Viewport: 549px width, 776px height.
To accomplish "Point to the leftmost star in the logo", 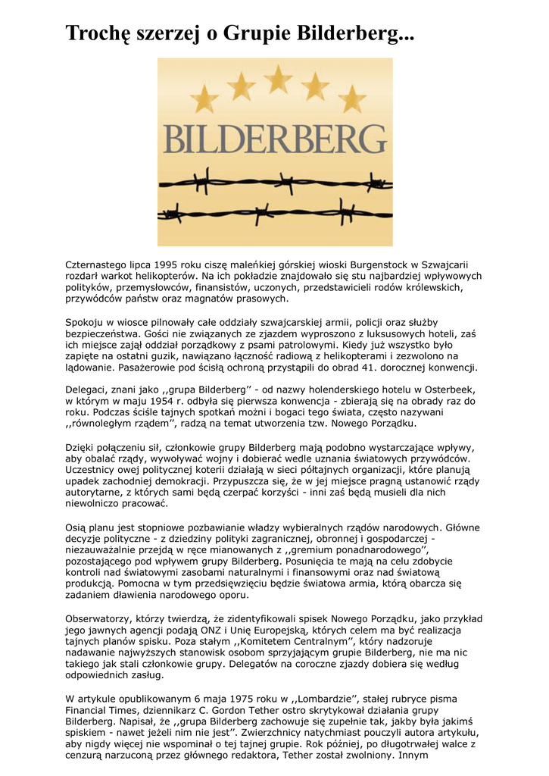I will (204, 99).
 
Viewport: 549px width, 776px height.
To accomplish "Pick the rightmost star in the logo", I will (351, 99).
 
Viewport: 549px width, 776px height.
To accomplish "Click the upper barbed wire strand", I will (275, 183).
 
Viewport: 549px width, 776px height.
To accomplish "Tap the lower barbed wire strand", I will (275, 216).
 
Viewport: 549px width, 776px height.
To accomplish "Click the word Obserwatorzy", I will (98, 618).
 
